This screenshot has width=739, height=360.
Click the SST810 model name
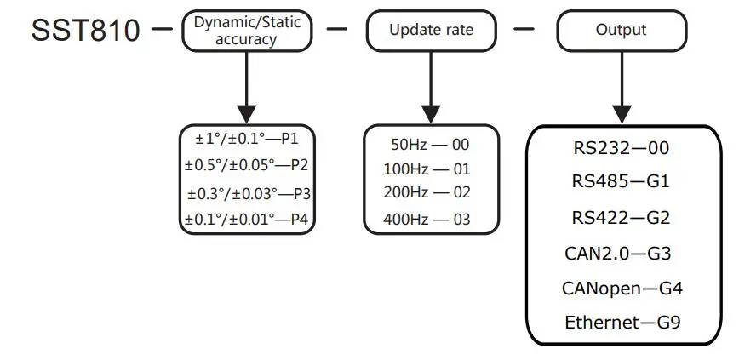(86, 31)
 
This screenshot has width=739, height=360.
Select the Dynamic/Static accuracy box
(247, 31)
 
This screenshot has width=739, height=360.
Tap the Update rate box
(431, 31)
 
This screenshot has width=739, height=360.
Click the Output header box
(621, 31)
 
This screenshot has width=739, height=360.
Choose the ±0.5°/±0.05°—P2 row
(247, 165)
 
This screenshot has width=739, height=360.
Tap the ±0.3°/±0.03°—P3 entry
(248, 193)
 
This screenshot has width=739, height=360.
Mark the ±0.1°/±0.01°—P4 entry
(247, 220)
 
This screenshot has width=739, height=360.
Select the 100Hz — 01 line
(427, 169)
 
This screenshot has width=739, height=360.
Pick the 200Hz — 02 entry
(427, 193)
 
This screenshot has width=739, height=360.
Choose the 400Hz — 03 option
(427, 220)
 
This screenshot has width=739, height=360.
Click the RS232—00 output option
(622, 148)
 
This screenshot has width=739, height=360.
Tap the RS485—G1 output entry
(622, 181)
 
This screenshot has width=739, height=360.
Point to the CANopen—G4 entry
(622, 288)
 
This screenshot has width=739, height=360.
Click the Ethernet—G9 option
(622, 323)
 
